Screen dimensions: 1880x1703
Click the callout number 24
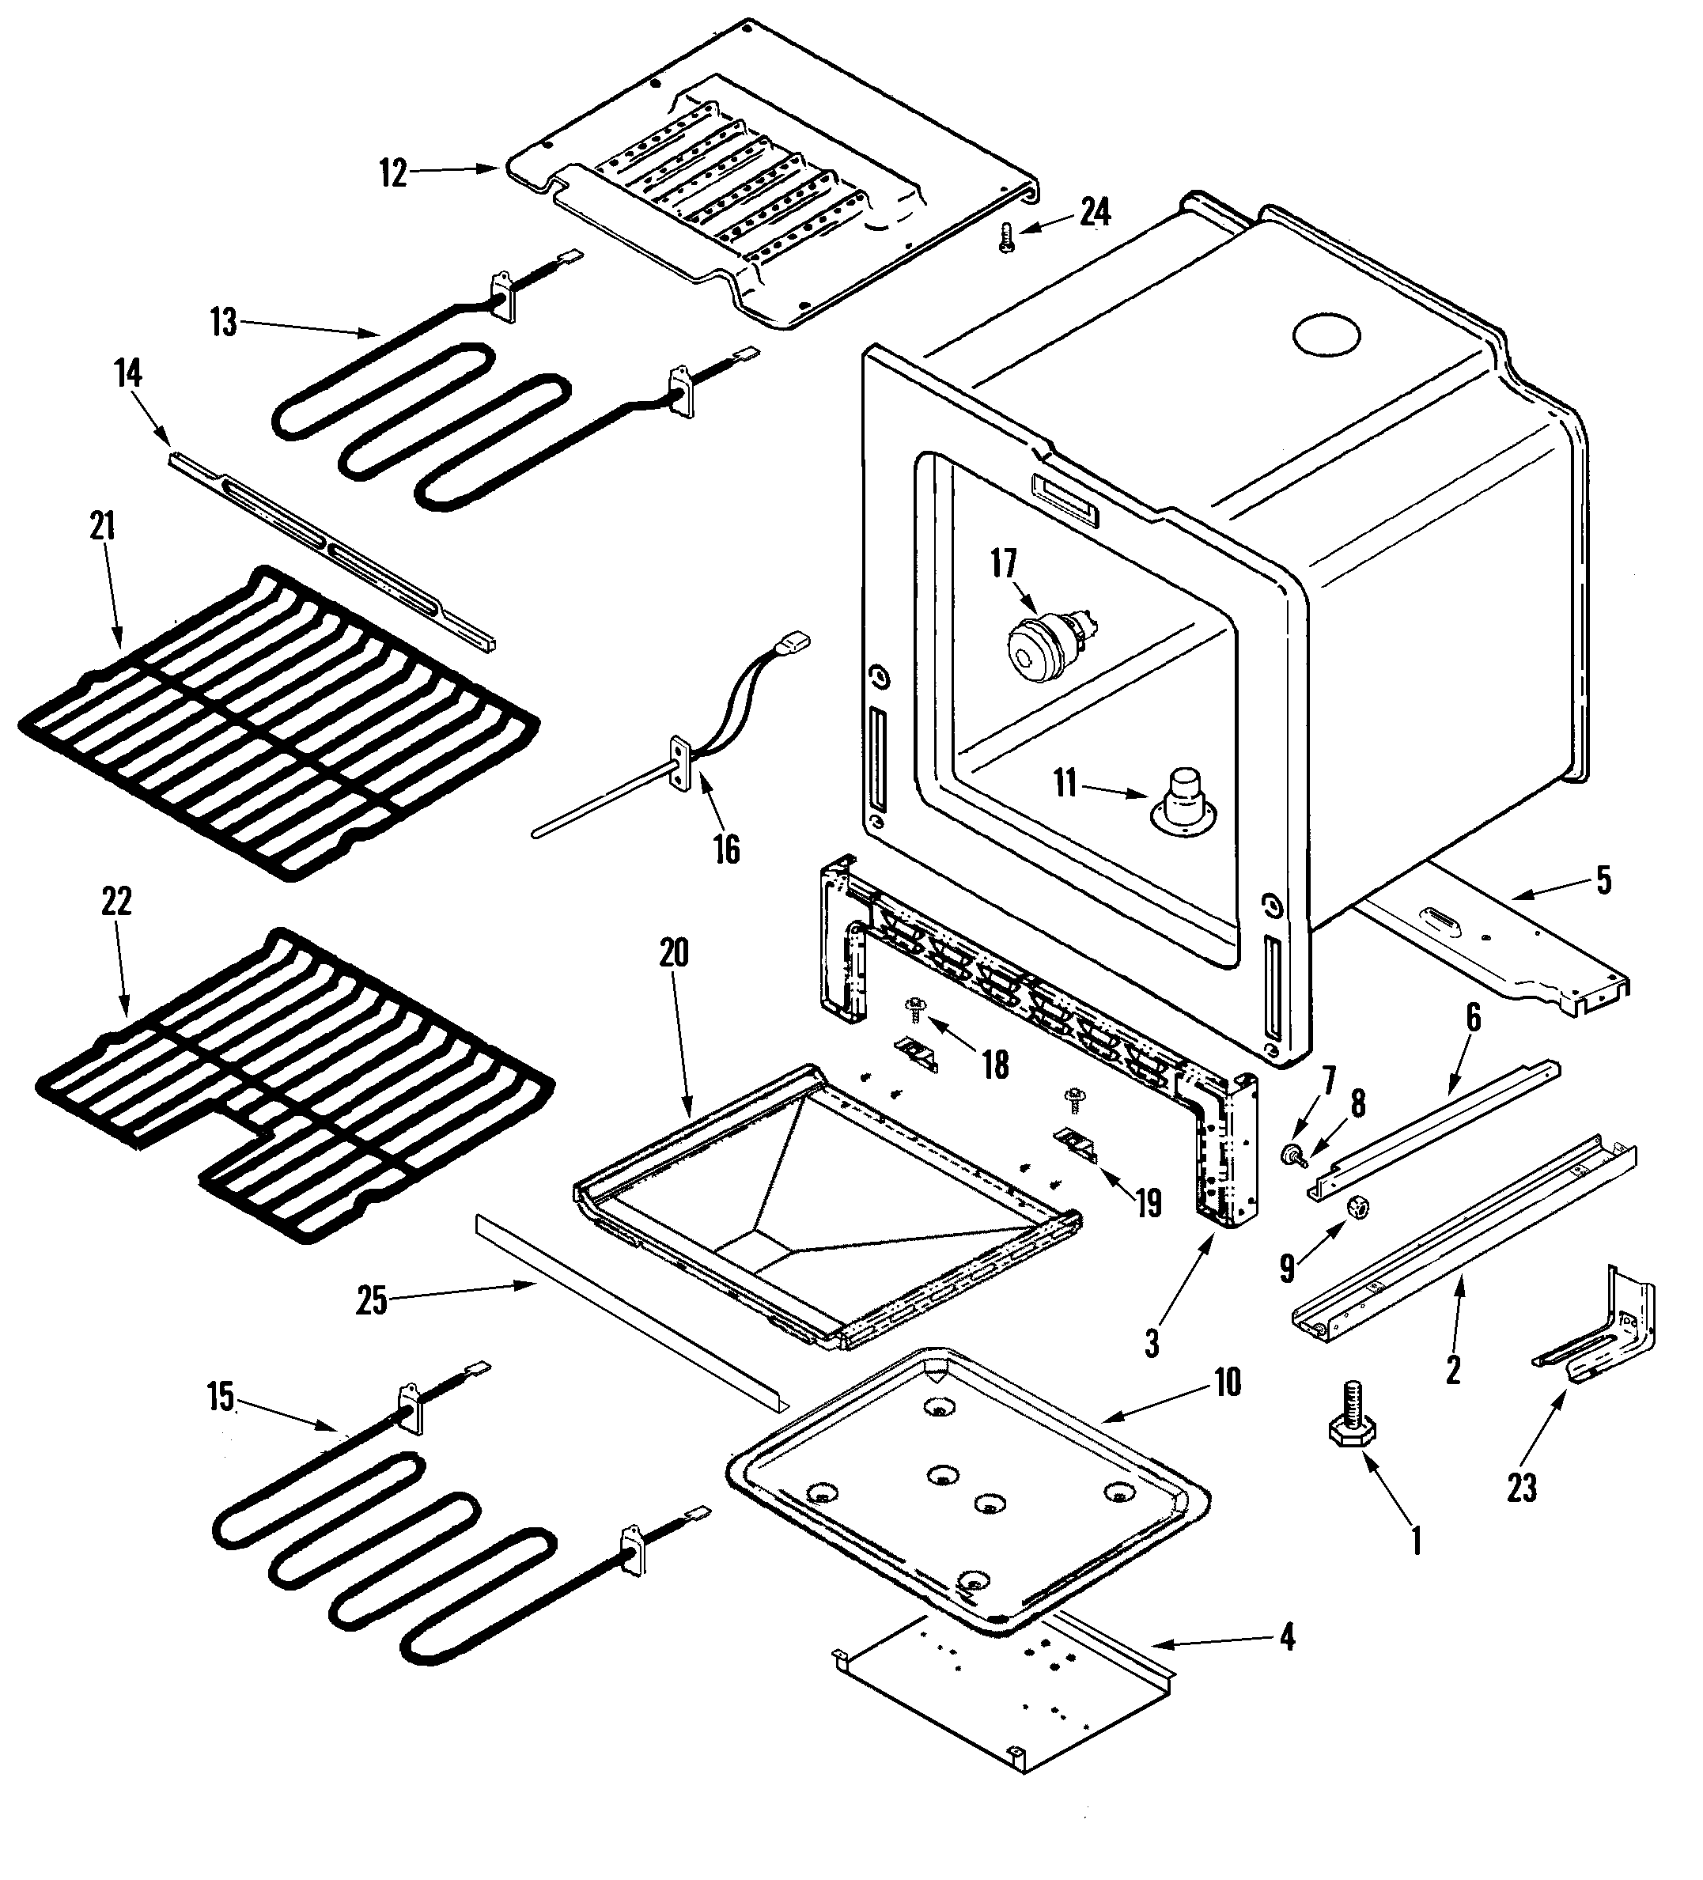pyautogui.click(x=1095, y=213)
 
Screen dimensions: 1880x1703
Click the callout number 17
pyautogui.click(x=1004, y=563)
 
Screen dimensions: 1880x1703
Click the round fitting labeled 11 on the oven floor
pyautogui.click(x=1184, y=801)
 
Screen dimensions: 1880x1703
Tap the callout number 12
pyautogui.click(x=394, y=173)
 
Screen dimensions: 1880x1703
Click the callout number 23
pyautogui.click(x=1521, y=1488)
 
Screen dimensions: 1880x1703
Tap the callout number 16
pyautogui.click(x=725, y=849)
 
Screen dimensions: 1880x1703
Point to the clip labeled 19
pyautogui.click(x=1075, y=1144)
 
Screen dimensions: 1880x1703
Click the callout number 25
pyautogui.click(x=371, y=1301)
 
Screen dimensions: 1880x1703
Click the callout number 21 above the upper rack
pyautogui.click(x=103, y=527)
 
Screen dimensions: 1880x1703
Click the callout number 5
pyautogui.click(x=1603, y=879)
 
